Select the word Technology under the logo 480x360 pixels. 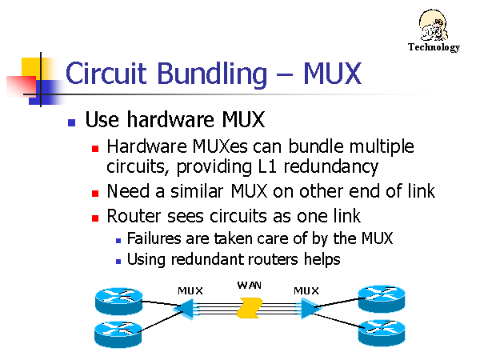(434, 47)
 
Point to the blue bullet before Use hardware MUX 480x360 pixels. (71, 122)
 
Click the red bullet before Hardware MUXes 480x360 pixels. (94, 148)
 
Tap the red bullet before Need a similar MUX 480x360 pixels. (94, 193)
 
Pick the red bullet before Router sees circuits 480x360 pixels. (94, 217)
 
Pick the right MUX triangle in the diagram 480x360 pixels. (307, 308)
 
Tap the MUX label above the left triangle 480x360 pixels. (190, 290)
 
